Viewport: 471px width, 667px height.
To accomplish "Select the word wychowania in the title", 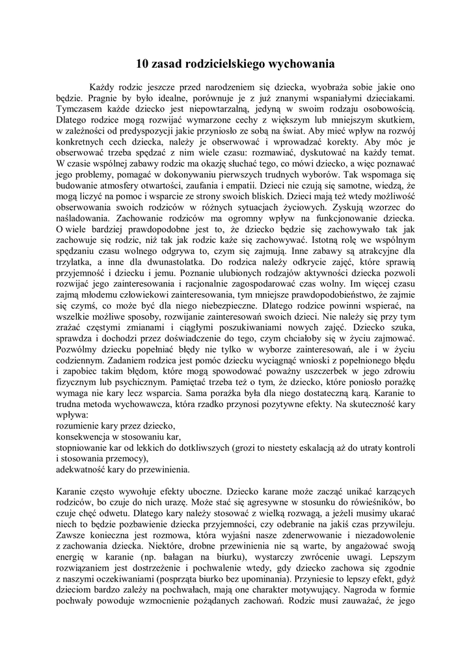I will [x=303, y=64].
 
